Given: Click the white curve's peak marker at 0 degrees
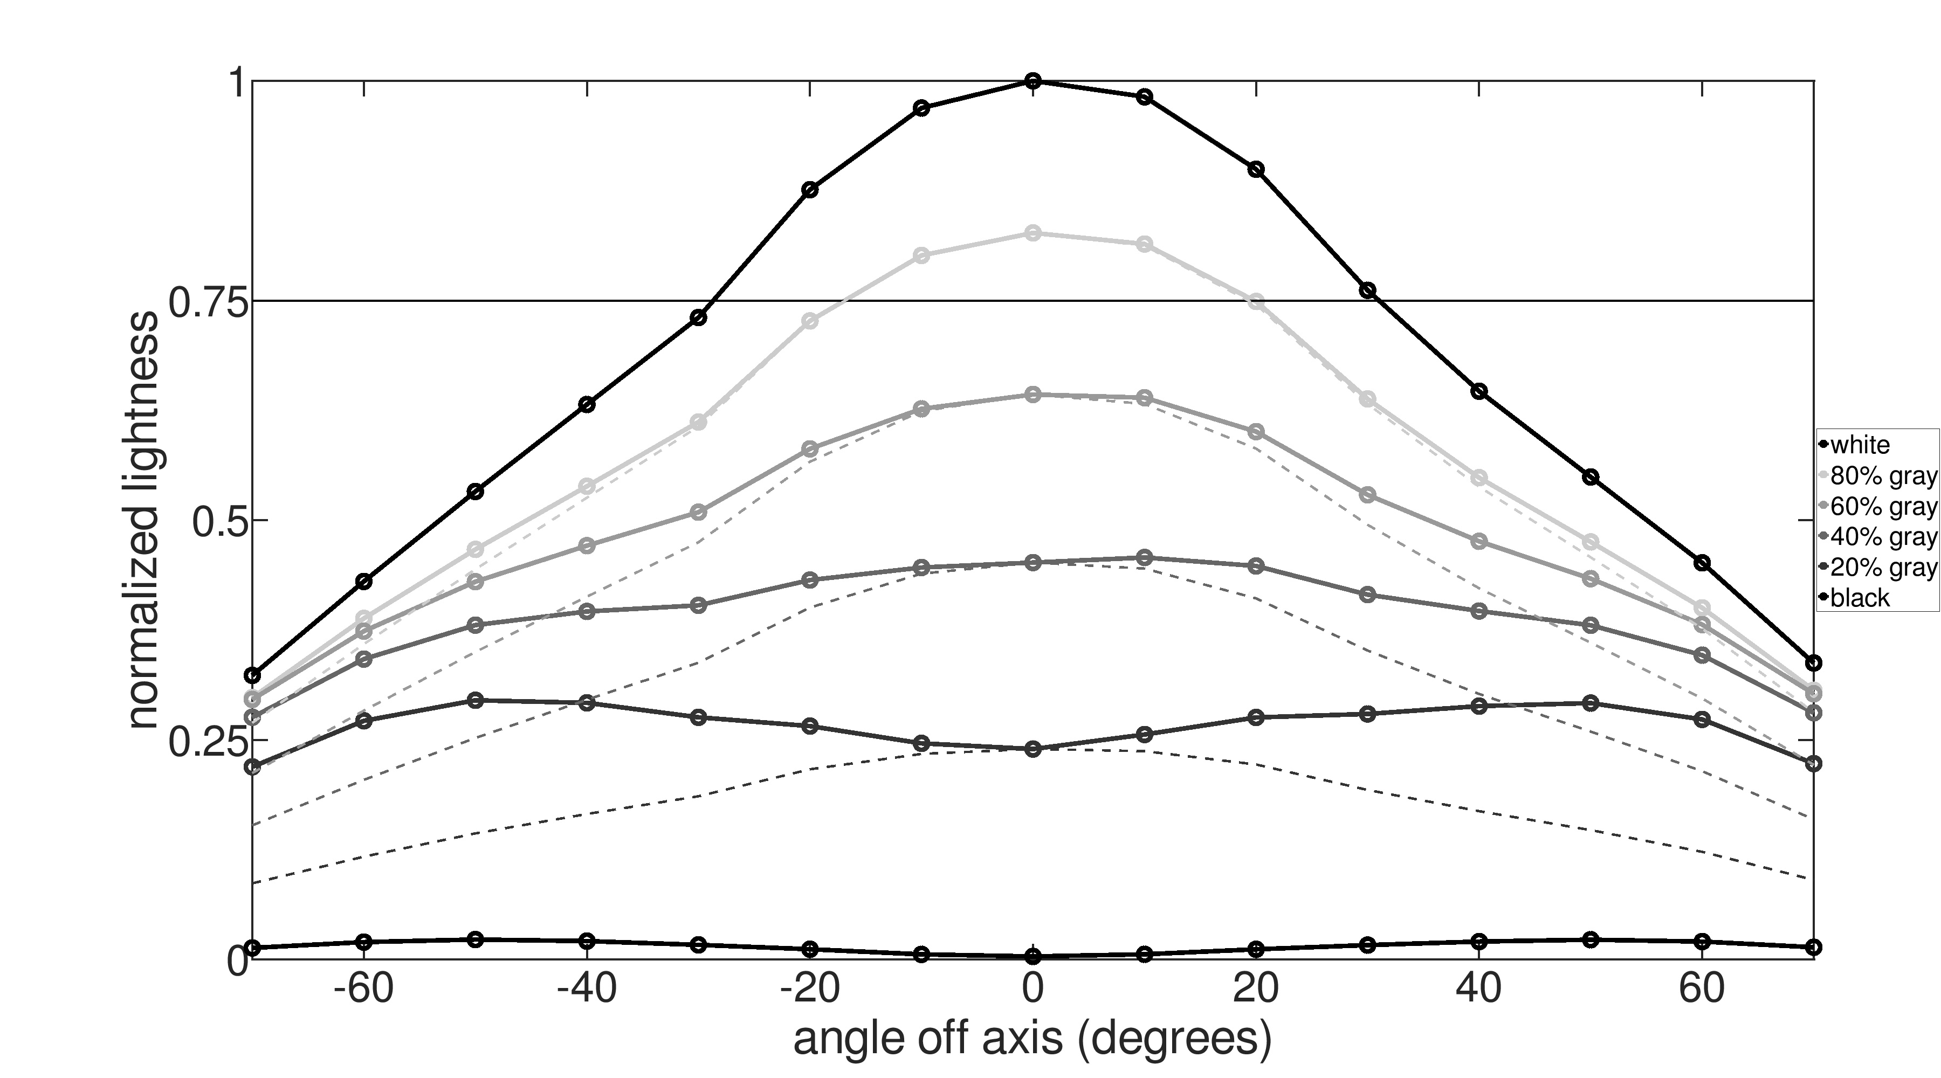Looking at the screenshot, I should (x=1033, y=81).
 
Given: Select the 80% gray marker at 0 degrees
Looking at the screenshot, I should (x=1033, y=233).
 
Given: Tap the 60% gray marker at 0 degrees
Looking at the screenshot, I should (x=1033, y=395).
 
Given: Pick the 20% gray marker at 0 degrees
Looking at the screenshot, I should (x=1033, y=749).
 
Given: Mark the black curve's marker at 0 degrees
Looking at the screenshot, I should (x=1033, y=957).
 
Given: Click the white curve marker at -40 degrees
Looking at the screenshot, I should (x=587, y=405).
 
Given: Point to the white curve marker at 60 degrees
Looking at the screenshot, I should (x=1702, y=563).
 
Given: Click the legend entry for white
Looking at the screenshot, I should (x=1860, y=445).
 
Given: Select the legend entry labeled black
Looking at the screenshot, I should (x=1860, y=598).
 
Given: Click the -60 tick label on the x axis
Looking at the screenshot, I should (x=364, y=989).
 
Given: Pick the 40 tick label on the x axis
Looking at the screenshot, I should (x=1479, y=989).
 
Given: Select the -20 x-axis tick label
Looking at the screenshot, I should (x=810, y=989).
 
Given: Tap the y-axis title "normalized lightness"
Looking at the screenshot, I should (x=143, y=520).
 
